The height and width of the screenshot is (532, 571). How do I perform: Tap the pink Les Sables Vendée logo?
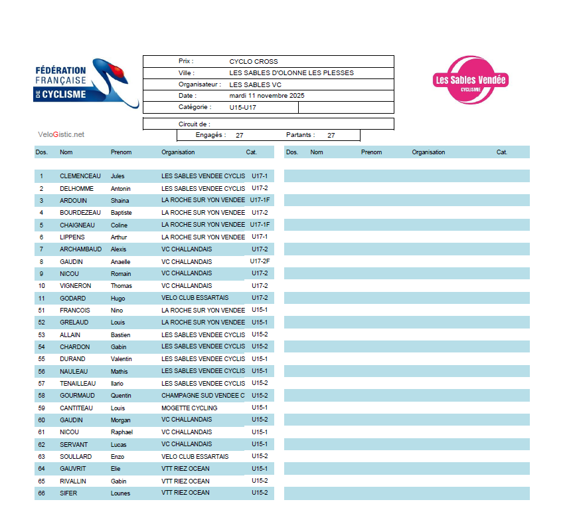[x=469, y=80]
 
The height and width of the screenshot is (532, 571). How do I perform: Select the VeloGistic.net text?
[x=61, y=134]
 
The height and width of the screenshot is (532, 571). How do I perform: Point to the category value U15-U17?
[x=243, y=107]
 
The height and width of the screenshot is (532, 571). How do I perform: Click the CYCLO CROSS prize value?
[x=254, y=61]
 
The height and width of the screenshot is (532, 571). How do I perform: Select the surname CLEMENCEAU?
[x=80, y=176]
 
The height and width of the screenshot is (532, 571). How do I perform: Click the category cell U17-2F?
[x=260, y=261]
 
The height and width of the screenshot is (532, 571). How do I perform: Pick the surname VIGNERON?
[x=76, y=286]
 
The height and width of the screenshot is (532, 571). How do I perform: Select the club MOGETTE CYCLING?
[x=189, y=408]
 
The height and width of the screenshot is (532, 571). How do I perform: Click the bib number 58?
[x=42, y=396]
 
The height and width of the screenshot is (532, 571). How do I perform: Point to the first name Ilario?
[x=118, y=384]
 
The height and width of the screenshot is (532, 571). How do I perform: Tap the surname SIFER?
[x=68, y=493]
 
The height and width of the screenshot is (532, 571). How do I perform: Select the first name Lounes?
[x=120, y=493]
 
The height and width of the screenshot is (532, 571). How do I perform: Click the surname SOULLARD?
[x=76, y=456]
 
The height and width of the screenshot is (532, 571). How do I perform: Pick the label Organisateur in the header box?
[x=199, y=84]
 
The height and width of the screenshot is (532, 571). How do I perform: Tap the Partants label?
[x=300, y=135]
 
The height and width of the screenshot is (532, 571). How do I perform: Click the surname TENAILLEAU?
[x=78, y=384]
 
